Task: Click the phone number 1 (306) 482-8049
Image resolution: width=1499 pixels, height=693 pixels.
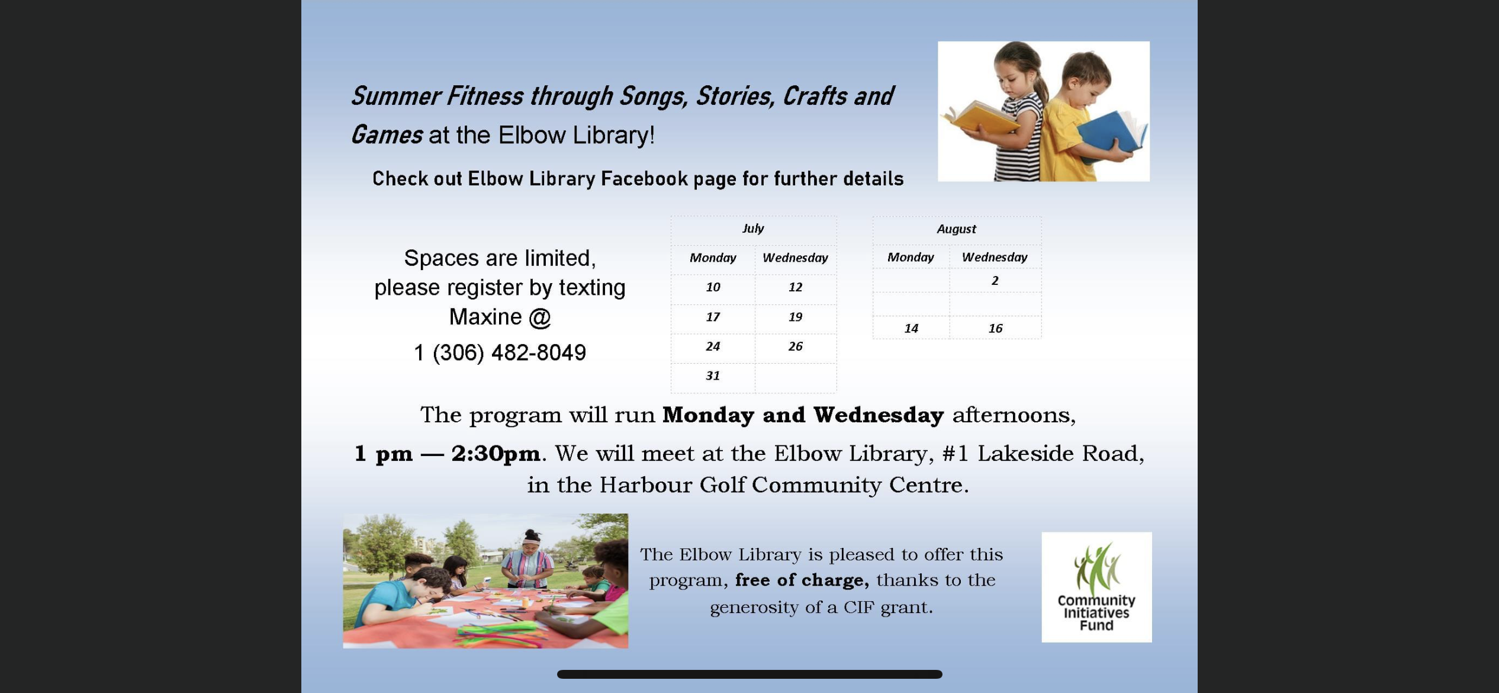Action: tap(500, 353)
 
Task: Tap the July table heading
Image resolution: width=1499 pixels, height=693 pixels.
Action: tap(753, 229)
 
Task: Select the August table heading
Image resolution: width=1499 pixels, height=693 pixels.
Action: tap(956, 229)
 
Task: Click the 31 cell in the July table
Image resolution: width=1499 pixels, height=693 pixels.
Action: tap(713, 376)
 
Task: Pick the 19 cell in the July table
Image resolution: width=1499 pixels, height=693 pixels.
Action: tap(795, 317)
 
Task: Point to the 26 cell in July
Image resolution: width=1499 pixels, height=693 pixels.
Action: tap(795, 346)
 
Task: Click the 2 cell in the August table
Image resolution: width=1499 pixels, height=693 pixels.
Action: tap(995, 281)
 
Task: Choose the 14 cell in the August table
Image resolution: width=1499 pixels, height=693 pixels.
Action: tap(911, 329)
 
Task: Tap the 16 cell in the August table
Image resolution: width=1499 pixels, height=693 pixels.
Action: tap(995, 329)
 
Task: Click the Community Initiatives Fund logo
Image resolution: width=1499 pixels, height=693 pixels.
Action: tap(1096, 587)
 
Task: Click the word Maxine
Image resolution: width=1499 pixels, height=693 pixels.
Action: tap(485, 317)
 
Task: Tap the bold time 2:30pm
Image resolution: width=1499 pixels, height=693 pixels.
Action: tap(496, 454)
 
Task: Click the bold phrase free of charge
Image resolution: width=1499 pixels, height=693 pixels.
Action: tap(802, 580)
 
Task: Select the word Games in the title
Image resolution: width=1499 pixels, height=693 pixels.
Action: tap(387, 135)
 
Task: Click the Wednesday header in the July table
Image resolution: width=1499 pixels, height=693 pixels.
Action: tap(795, 258)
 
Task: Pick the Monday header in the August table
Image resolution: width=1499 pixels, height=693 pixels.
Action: tap(911, 258)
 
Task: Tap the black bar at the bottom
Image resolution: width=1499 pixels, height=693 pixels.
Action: tap(749, 674)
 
